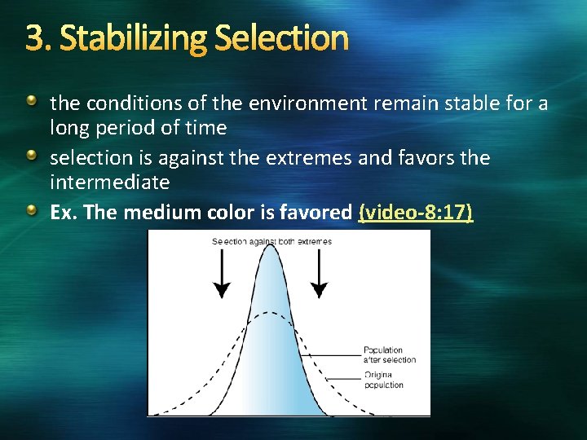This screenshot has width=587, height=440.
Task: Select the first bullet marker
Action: (x=31, y=101)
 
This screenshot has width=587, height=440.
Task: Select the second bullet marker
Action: (x=31, y=155)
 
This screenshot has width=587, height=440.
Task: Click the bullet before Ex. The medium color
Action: (x=31, y=209)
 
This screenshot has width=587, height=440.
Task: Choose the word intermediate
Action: (x=109, y=181)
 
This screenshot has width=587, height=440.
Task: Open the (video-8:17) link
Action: (x=415, y=212)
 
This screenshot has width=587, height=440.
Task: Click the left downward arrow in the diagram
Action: (x=221, y=273)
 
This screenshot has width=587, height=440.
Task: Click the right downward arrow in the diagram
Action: (x=320, y=273)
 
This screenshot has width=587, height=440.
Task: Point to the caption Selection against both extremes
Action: (x=271, y=241)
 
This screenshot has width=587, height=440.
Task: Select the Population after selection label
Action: (x=389, y=355)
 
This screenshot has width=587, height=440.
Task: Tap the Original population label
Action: (x=383, y=380)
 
